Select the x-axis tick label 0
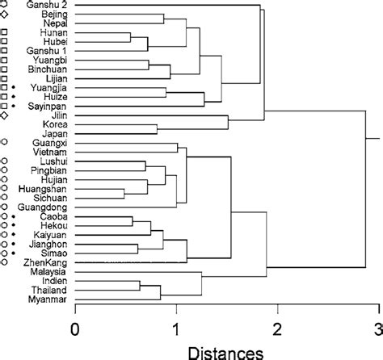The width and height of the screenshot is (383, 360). point(75,329)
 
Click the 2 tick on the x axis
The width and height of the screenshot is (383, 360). point(277,329)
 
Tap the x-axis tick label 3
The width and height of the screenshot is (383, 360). point(377,329)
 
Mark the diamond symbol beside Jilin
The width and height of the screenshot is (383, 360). point(6,116)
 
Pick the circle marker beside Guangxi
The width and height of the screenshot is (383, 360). point(6,143)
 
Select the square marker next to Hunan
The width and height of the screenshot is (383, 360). point(6,33)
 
